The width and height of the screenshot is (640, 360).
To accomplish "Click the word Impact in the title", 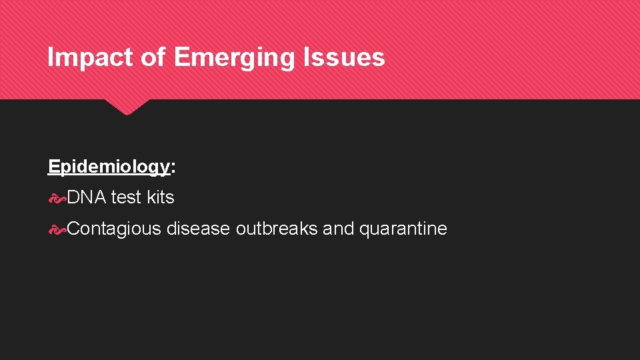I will click(90, 58).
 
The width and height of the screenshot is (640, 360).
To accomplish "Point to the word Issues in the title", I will click(347, 58).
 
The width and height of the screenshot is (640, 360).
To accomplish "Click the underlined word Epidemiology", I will click(109, 167).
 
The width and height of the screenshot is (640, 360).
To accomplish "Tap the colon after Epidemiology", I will click(173, 167).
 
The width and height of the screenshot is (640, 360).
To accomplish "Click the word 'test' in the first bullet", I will click(126, 197).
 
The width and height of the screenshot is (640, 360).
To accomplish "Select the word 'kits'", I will click(161, 197).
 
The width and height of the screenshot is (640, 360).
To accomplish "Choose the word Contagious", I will click(114, 229).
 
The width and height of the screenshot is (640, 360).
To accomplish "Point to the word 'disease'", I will click(198, 229).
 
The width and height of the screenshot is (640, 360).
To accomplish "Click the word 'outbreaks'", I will click(277, 229).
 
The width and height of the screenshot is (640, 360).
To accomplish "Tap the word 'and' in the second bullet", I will click(339, 229).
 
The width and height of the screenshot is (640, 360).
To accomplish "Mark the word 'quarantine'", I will click(403, 229).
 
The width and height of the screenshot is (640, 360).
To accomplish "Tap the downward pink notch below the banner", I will click(127, 107).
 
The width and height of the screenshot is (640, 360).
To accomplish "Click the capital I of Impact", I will click(51, 58).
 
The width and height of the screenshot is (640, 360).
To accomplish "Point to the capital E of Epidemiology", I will click(53, 167).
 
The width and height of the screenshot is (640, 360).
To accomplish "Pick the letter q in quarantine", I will click(364, 230).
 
